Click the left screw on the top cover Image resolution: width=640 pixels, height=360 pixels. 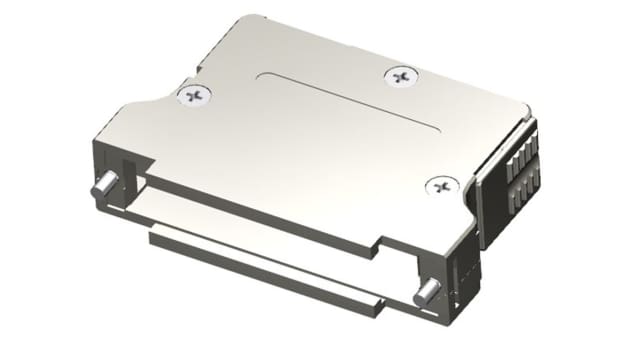pos(194,96)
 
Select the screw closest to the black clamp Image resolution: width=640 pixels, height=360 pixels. pos(440,186)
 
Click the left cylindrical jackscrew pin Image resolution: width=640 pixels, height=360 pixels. pos(102,186)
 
